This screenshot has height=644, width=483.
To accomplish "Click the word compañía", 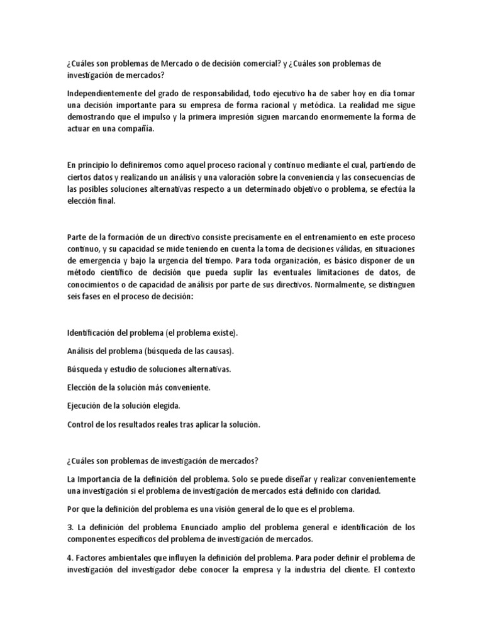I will click(x=133, y=130).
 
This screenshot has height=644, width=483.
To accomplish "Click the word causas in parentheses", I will click(x=219, y=350).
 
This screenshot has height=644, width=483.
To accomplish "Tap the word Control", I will click(x=80, y=425).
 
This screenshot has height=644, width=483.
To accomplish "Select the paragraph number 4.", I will click(x=69, y=558).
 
